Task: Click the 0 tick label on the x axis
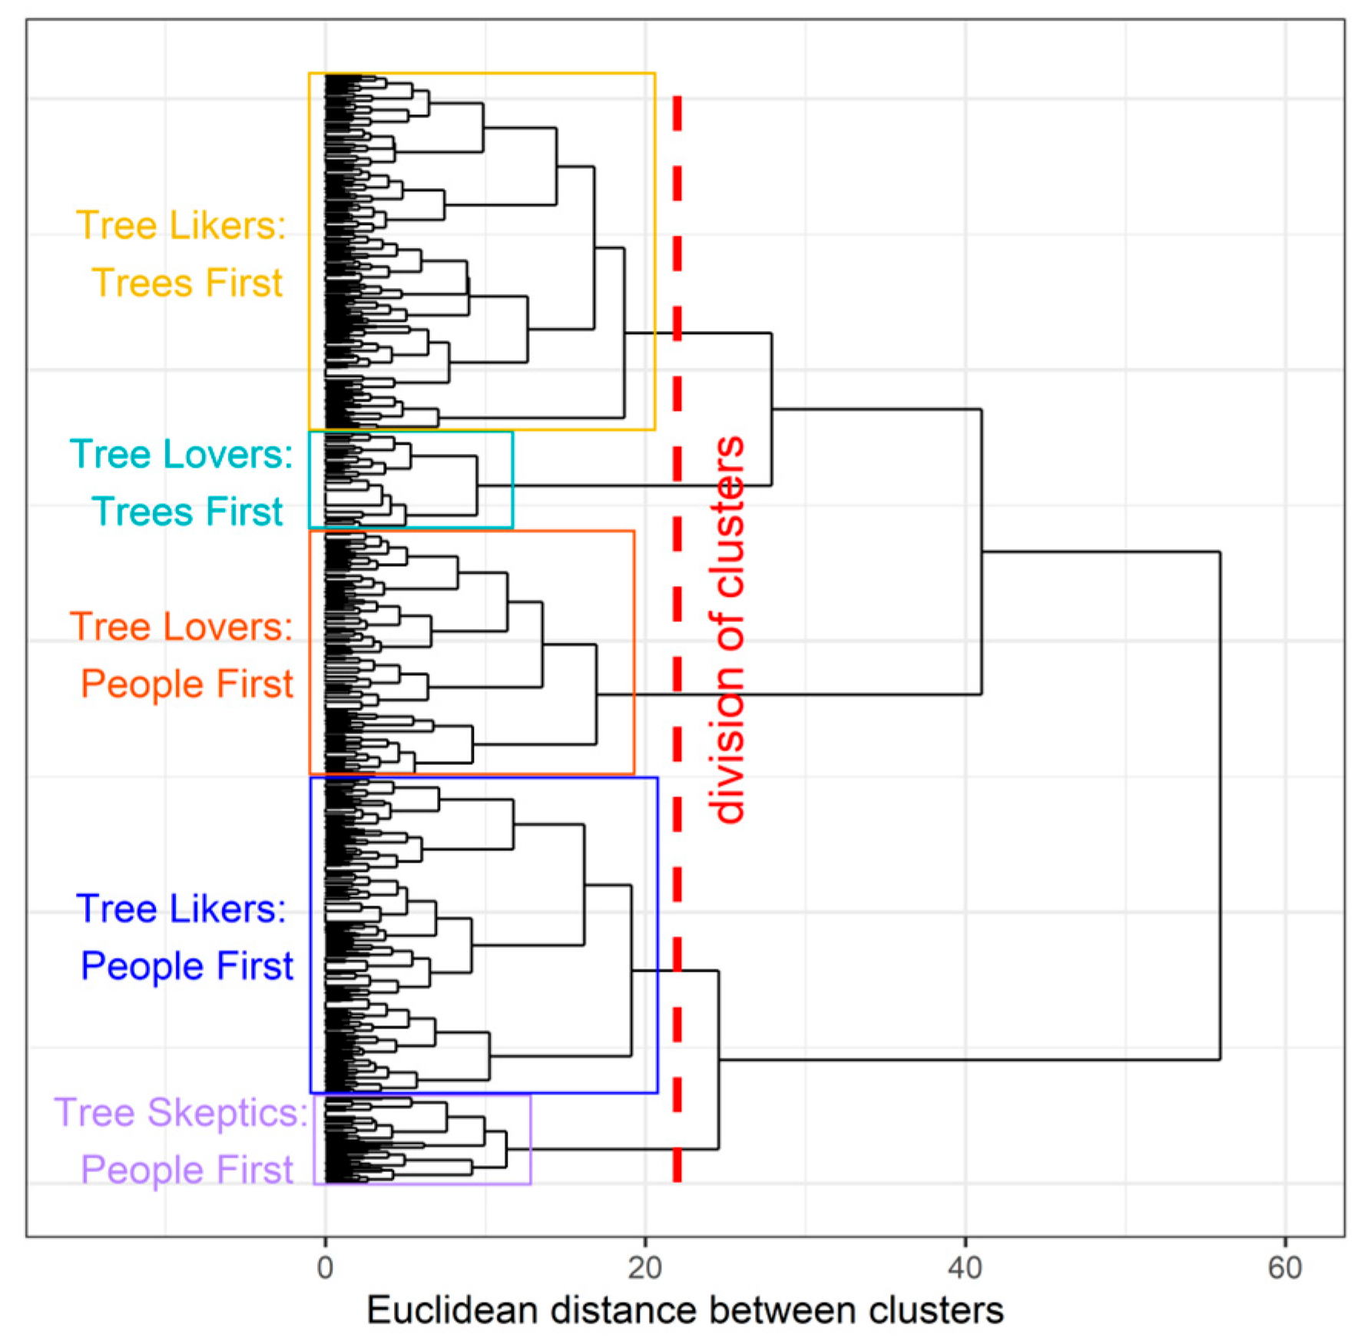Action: pyautogui.click(x=325, y=1268)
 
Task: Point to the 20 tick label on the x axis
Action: pyautogui.click(x=644, y=1268)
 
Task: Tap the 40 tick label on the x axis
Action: pyautogui.click(x=965, y=1268)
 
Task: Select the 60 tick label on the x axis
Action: pyautogui.click(x=1285, y=1268)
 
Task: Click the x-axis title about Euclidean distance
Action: pyautogui.click(x=684, y=1310)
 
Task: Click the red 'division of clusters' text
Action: pyautogui.click(x=728, y=630)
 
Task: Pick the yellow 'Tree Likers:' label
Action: pyautogui.click(x=181, y=226)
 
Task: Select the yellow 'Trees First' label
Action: pyautogui.click(x=187, y=283)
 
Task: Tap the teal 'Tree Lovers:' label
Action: pyautogui.click(x=181, y=454)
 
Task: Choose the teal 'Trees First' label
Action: pyautogui.click(x=187, y=512)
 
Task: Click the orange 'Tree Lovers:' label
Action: pyautogui.click(x=181, y=627)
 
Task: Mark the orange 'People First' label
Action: pyautogui.click(x=187, y=684)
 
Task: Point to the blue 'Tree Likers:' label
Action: pyautogui.click(x=181, y=909)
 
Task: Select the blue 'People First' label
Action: pyautogui.click(x=187, y=965)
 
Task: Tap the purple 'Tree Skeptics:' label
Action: pyautogui.click(x=181, y=1112)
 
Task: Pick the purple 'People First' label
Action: pyautogui.click(x=187, y=1170)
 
